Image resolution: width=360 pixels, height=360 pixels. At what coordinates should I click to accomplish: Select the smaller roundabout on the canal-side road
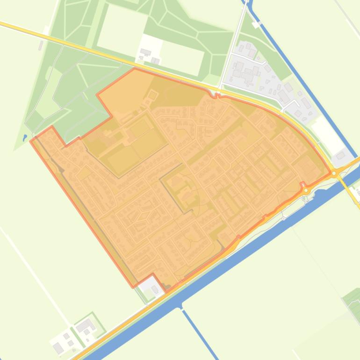pyautogui.click(x=306, y=178)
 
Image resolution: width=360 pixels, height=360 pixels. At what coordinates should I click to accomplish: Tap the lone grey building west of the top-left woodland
pyautogui.click(x=41, y=45)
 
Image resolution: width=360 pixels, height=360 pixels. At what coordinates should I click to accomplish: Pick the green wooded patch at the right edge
pyautogui.click(x=352, y=297)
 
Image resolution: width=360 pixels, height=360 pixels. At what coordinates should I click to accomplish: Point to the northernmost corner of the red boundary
pyautogui.click(x=135, y=68)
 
